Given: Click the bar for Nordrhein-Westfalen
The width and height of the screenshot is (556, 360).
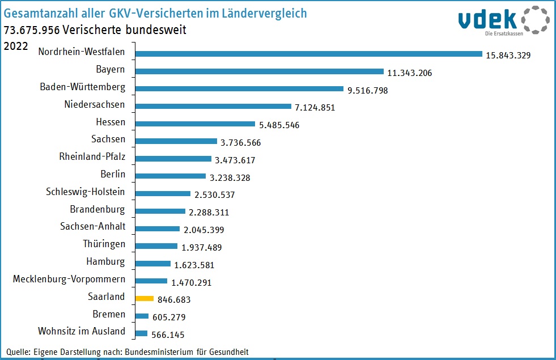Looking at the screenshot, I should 308,54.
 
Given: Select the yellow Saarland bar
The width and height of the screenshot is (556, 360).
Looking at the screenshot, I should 145,298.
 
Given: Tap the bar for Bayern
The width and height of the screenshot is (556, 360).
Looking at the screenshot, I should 260,71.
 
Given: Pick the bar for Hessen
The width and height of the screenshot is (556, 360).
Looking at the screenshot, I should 195,124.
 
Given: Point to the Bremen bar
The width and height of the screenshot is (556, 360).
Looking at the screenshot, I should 142,316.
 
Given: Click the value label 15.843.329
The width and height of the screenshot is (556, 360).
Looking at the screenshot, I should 508,56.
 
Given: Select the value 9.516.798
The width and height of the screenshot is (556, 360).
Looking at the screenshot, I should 367,90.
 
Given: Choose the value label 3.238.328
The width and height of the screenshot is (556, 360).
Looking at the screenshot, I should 230,177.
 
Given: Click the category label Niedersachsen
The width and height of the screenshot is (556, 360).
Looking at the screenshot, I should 95,105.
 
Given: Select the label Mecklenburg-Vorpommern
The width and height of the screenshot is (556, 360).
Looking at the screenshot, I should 69,279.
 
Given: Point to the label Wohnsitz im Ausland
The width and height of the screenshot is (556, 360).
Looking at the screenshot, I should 82,331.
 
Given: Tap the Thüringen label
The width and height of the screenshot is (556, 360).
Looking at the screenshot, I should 104,244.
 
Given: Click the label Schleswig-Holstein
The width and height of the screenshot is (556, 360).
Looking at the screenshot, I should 86,192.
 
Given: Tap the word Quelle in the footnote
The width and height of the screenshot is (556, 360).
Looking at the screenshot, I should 18,351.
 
